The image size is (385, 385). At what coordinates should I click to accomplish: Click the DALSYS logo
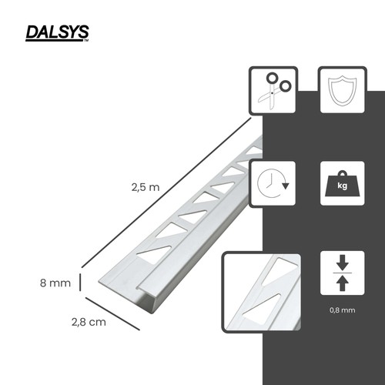coord(57,33)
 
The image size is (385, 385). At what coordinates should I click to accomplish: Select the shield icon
coord(343,90)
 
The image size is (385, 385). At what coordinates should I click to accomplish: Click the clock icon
coord(273,183)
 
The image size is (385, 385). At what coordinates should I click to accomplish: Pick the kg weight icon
coord(343,183)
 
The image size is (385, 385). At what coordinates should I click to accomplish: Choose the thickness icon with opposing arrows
coord(343,273)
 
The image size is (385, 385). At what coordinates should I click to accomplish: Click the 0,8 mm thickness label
coord(343,310)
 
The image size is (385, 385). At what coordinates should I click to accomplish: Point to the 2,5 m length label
coord(146,187)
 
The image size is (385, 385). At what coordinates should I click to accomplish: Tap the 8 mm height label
coord(55,283)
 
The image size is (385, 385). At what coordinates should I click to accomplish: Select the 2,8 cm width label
coord(89,322)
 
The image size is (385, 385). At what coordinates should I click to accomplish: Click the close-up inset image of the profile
coord(261,292)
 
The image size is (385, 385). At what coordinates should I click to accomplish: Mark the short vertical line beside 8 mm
coord(80,283)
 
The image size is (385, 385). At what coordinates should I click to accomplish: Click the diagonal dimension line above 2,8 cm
coord(112,313)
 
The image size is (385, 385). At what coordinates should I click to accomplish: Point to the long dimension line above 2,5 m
coord(166,193)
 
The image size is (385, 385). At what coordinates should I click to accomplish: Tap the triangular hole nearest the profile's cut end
coord(154,253)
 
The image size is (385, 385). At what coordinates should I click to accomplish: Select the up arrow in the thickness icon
coord(343,283)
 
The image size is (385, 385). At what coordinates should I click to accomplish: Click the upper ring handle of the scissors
coord(272,78)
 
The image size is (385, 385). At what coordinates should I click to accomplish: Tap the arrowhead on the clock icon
coord(286,186)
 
